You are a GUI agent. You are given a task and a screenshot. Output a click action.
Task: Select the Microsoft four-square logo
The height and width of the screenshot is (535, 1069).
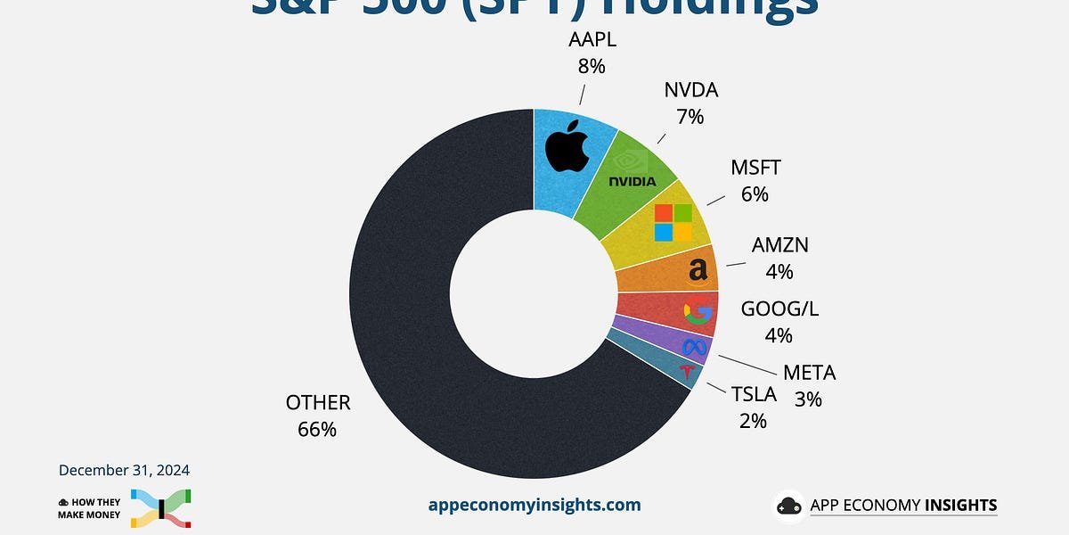pos(673,222)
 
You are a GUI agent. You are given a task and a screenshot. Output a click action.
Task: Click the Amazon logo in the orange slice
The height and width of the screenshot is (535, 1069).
pos(698,270)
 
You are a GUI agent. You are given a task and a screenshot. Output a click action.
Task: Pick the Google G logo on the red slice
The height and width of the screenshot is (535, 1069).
pos(698,313)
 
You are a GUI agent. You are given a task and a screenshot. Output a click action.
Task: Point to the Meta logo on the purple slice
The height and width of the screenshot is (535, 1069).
pos(694,346)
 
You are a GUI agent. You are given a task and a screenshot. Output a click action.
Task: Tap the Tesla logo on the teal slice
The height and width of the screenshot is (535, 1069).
pos(686,372)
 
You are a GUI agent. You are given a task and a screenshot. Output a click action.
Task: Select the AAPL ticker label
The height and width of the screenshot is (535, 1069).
pos(592,40)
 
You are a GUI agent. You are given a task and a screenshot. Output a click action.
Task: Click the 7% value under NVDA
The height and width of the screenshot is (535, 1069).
pos(690,116)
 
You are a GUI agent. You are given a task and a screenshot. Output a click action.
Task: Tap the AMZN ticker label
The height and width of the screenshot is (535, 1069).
pos(779,245)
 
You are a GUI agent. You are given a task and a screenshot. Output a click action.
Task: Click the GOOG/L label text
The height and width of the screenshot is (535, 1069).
pos(779,309)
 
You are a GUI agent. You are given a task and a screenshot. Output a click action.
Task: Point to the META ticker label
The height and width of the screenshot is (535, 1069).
pos(809,373)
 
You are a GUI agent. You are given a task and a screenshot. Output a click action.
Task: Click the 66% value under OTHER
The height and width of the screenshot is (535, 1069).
pos(318,429)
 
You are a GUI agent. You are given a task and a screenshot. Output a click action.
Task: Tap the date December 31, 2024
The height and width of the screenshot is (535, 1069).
pos(124,470)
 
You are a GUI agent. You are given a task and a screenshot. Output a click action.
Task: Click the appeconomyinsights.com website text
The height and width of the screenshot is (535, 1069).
pos(534,505)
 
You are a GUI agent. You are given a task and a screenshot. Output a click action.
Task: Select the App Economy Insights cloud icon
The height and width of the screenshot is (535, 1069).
pos(789,506)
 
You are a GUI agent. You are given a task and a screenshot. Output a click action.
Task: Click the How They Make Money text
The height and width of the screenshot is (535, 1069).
pos(89,507)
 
